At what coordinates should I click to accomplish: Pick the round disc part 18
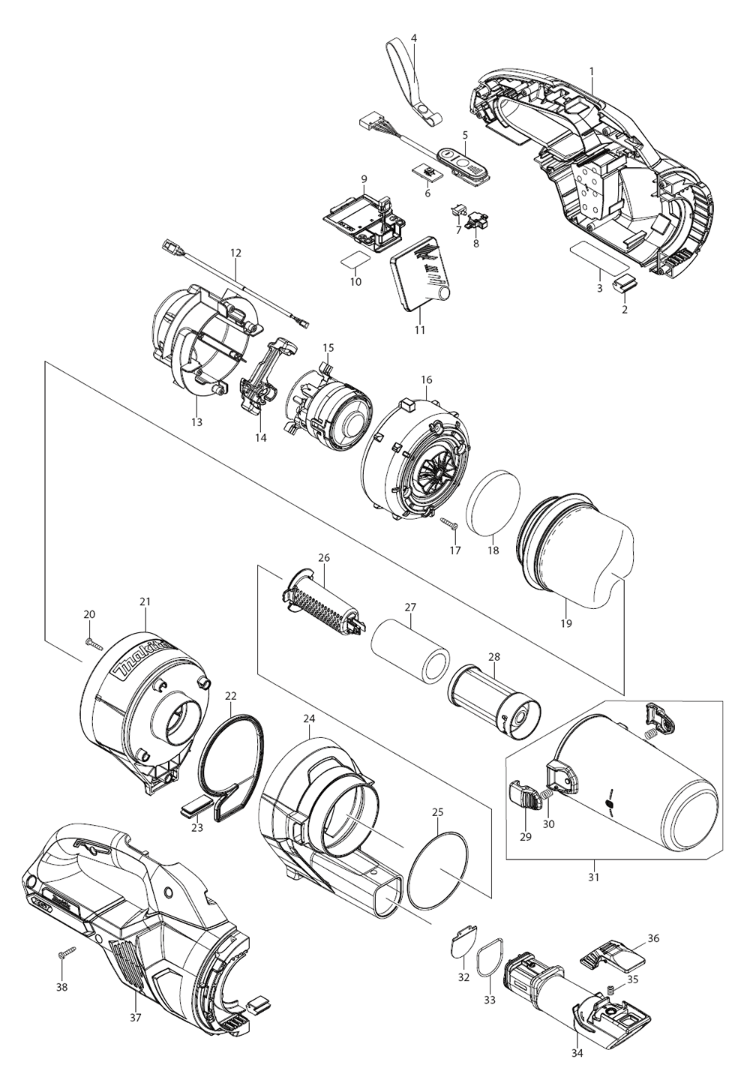coord(493,502)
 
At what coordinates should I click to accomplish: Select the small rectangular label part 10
coord(355,260)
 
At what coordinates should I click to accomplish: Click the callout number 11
coord(419,329)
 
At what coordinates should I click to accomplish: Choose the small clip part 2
coord(625,284)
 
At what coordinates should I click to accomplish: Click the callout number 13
coord(196,422)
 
